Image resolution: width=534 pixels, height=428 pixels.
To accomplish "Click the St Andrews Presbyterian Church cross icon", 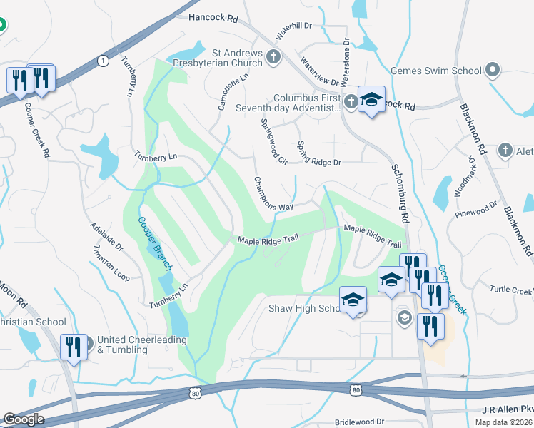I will click(x=273, y=58).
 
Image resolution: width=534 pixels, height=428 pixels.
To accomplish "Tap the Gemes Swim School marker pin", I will click(x=492, y=71).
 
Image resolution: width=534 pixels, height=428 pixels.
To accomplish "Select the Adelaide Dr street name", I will click(x=106, y=238).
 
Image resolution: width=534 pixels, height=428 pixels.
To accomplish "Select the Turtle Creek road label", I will click(x=511, y=290).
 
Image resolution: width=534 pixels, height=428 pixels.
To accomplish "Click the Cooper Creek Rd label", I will click(x=37, y=129).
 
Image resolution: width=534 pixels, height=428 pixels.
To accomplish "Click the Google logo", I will click(x=24, y=419).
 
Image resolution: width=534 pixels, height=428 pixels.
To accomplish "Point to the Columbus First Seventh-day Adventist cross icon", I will click(x=350, y=102).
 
